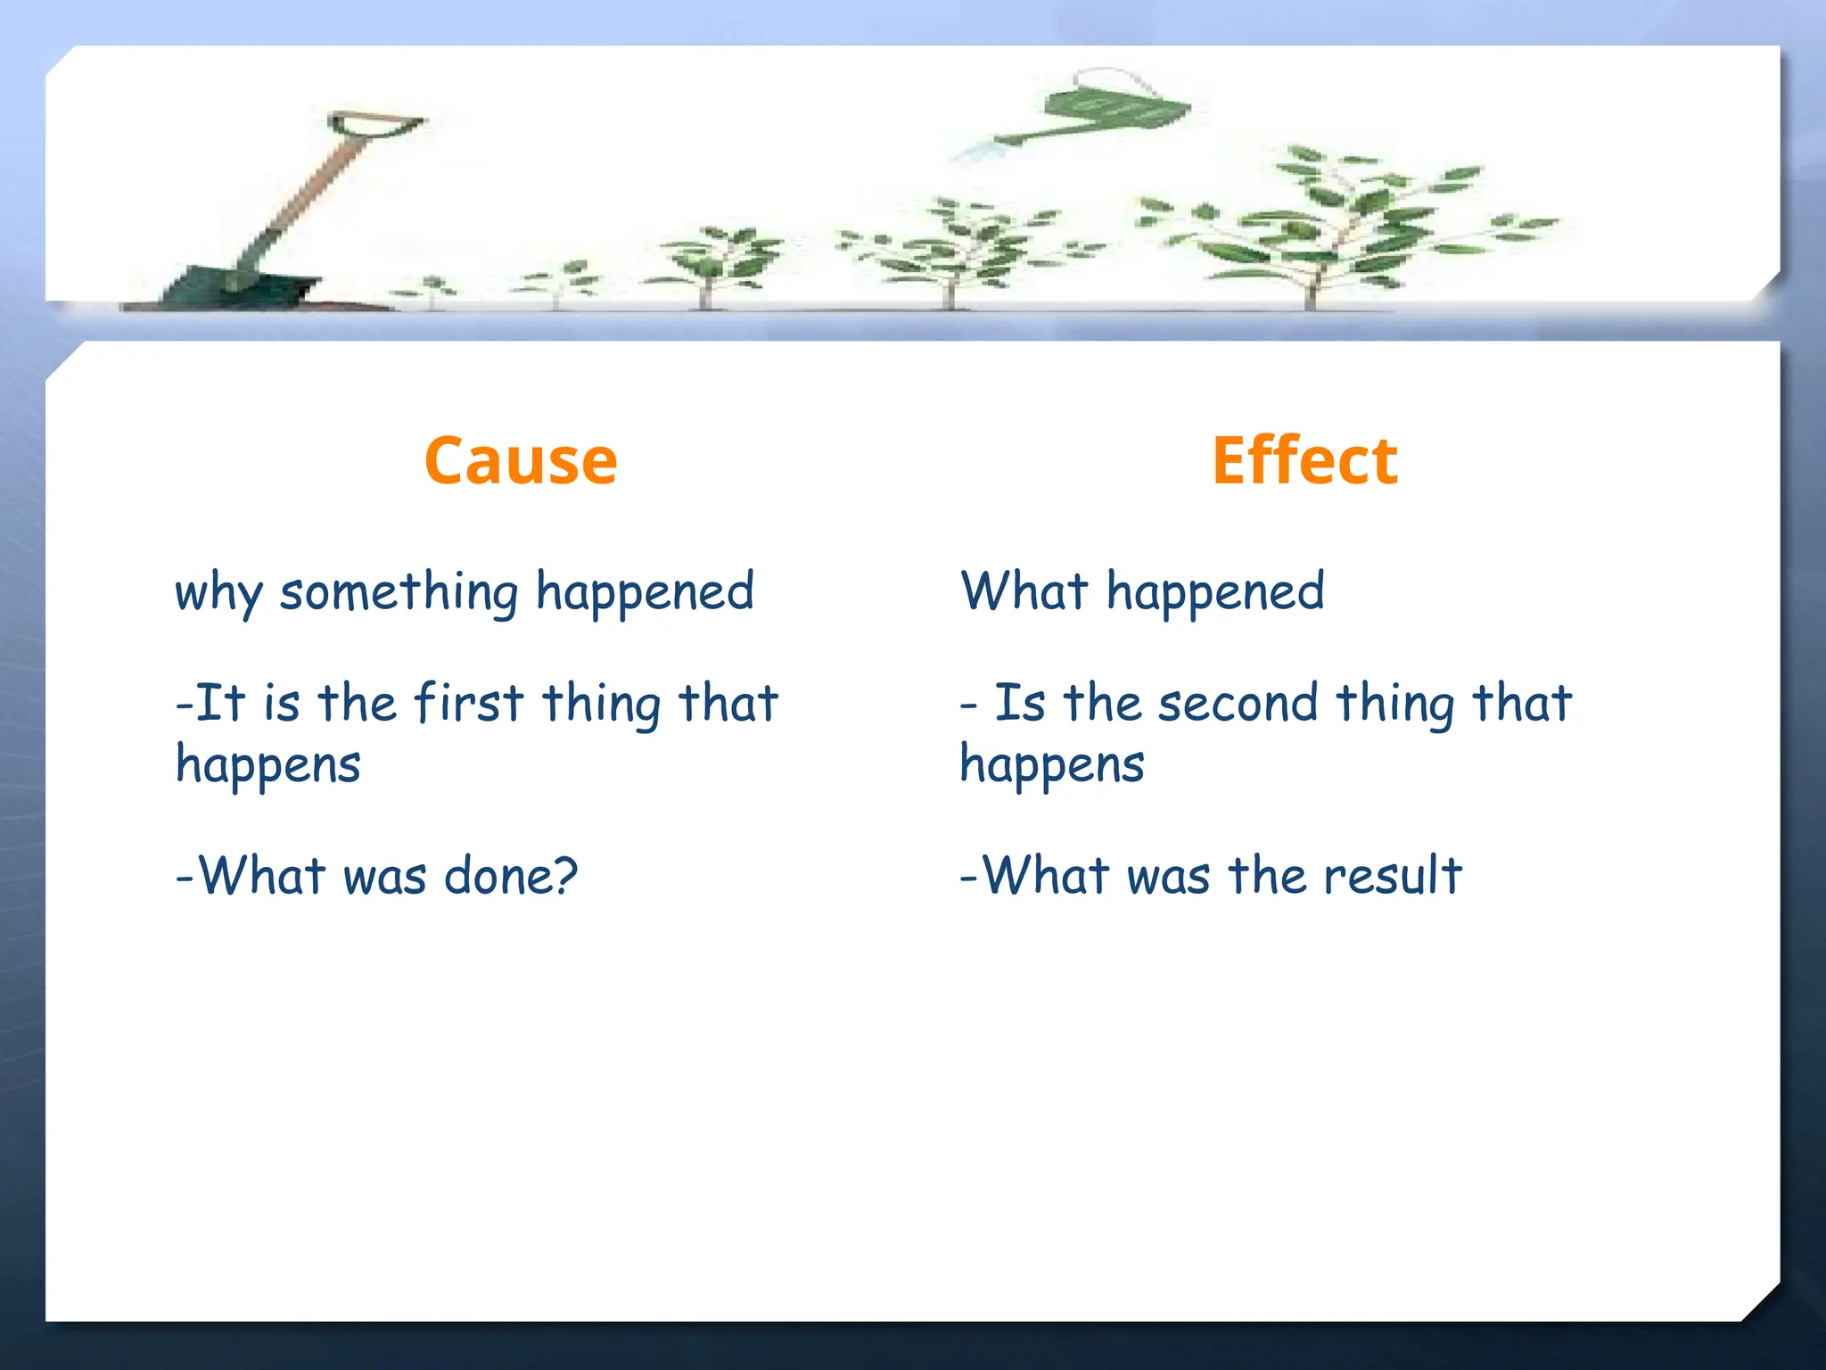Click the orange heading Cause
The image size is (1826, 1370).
coord(521,461)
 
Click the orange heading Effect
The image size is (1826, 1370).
coord(1304,461)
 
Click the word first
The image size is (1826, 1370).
coord(469,703)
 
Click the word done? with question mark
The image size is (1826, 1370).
coord(511,876)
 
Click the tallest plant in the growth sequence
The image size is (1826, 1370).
coord(1337,223)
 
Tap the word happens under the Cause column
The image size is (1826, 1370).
coord(268,765)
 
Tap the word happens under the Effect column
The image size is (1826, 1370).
coord(1052,765)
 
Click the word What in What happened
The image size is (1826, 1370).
coord(1024,592)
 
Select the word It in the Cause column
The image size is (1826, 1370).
coord(219,703)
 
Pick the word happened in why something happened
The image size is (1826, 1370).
coord(645,594)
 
